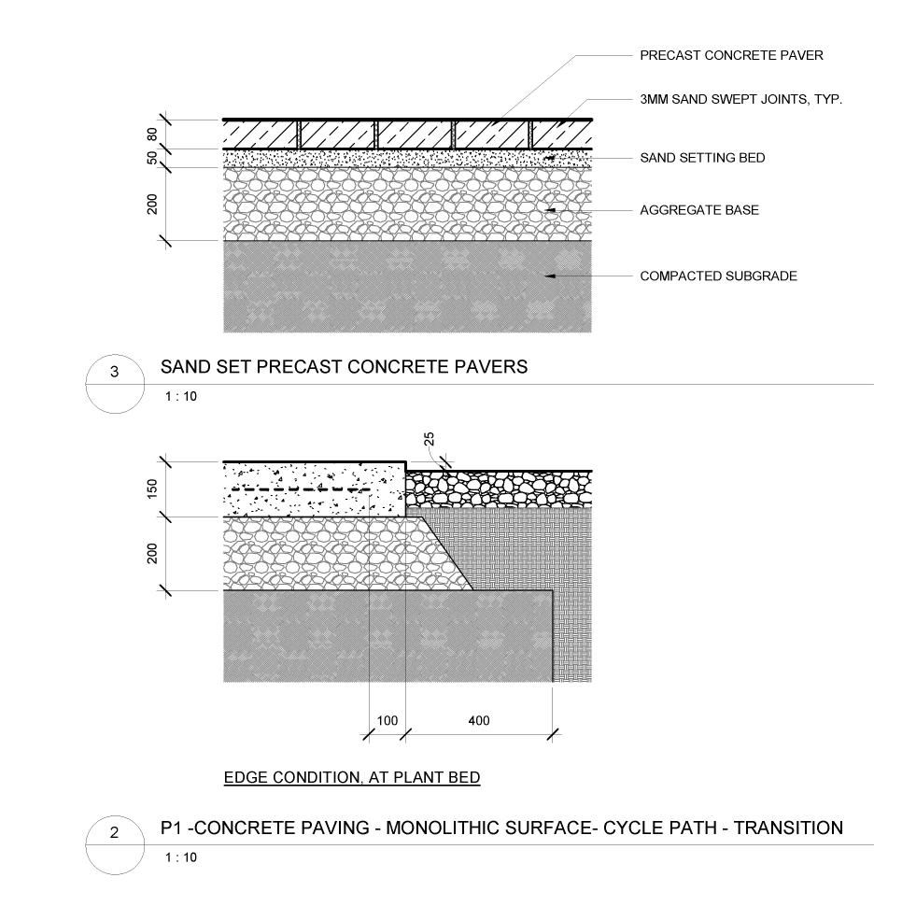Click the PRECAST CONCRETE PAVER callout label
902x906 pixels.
(x=731, y=56)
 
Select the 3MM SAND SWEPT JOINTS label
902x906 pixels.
(x=740, y=99)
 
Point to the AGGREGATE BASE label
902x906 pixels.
(x=698, y=210)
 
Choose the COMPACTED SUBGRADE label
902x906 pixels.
(x=718, y=276)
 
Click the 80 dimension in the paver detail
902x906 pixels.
(x=153, y=134)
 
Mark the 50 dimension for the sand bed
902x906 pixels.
(x=153, y=158)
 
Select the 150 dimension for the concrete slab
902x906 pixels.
(x=153, y=488)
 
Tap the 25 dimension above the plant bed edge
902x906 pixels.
(x=430, y=439)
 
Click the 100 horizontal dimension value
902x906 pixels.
(x=387, y=721)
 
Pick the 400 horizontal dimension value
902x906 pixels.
(x=478, y=721)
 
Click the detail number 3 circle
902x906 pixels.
(x=115, y=372)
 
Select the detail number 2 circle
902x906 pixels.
(x=115, y=833)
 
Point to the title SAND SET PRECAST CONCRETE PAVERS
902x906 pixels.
(x=344, y=367)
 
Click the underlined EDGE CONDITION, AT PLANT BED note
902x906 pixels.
(x=352, y=777)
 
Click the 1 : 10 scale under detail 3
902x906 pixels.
(x=181, y=396)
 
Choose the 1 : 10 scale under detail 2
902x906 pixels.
(x=181, y=857)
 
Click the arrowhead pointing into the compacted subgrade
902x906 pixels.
(x=551, y=276)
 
